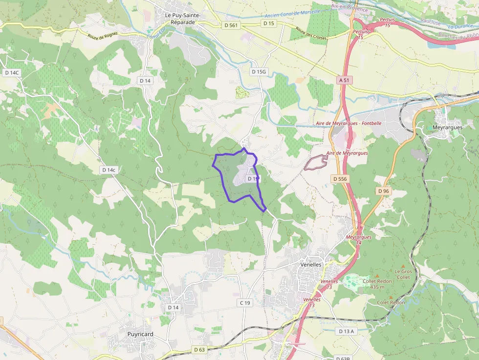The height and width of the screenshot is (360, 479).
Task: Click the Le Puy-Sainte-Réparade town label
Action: point(183,19)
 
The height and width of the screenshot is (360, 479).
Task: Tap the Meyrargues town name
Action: point(447,127)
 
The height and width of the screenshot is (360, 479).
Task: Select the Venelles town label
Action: point(310,264)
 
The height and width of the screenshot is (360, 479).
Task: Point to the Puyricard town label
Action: point(140,334)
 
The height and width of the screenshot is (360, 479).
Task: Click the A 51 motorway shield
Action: point(345,79)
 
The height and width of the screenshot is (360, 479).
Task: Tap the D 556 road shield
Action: point(340,179)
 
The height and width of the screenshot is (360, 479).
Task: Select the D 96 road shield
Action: point(383,191)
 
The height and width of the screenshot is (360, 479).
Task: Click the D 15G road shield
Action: point(259,72)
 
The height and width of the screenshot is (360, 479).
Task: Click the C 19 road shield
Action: point(245,303)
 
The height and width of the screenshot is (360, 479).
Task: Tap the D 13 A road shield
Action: point(346,331)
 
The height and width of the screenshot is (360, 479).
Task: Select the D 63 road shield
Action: point(199,349)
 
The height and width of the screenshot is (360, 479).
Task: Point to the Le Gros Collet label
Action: point(403,274)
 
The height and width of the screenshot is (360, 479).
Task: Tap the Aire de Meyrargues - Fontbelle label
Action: point(348,124)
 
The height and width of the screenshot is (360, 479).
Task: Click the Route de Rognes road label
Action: point(104,37)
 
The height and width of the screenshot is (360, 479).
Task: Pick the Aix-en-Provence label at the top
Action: point(349,6)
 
